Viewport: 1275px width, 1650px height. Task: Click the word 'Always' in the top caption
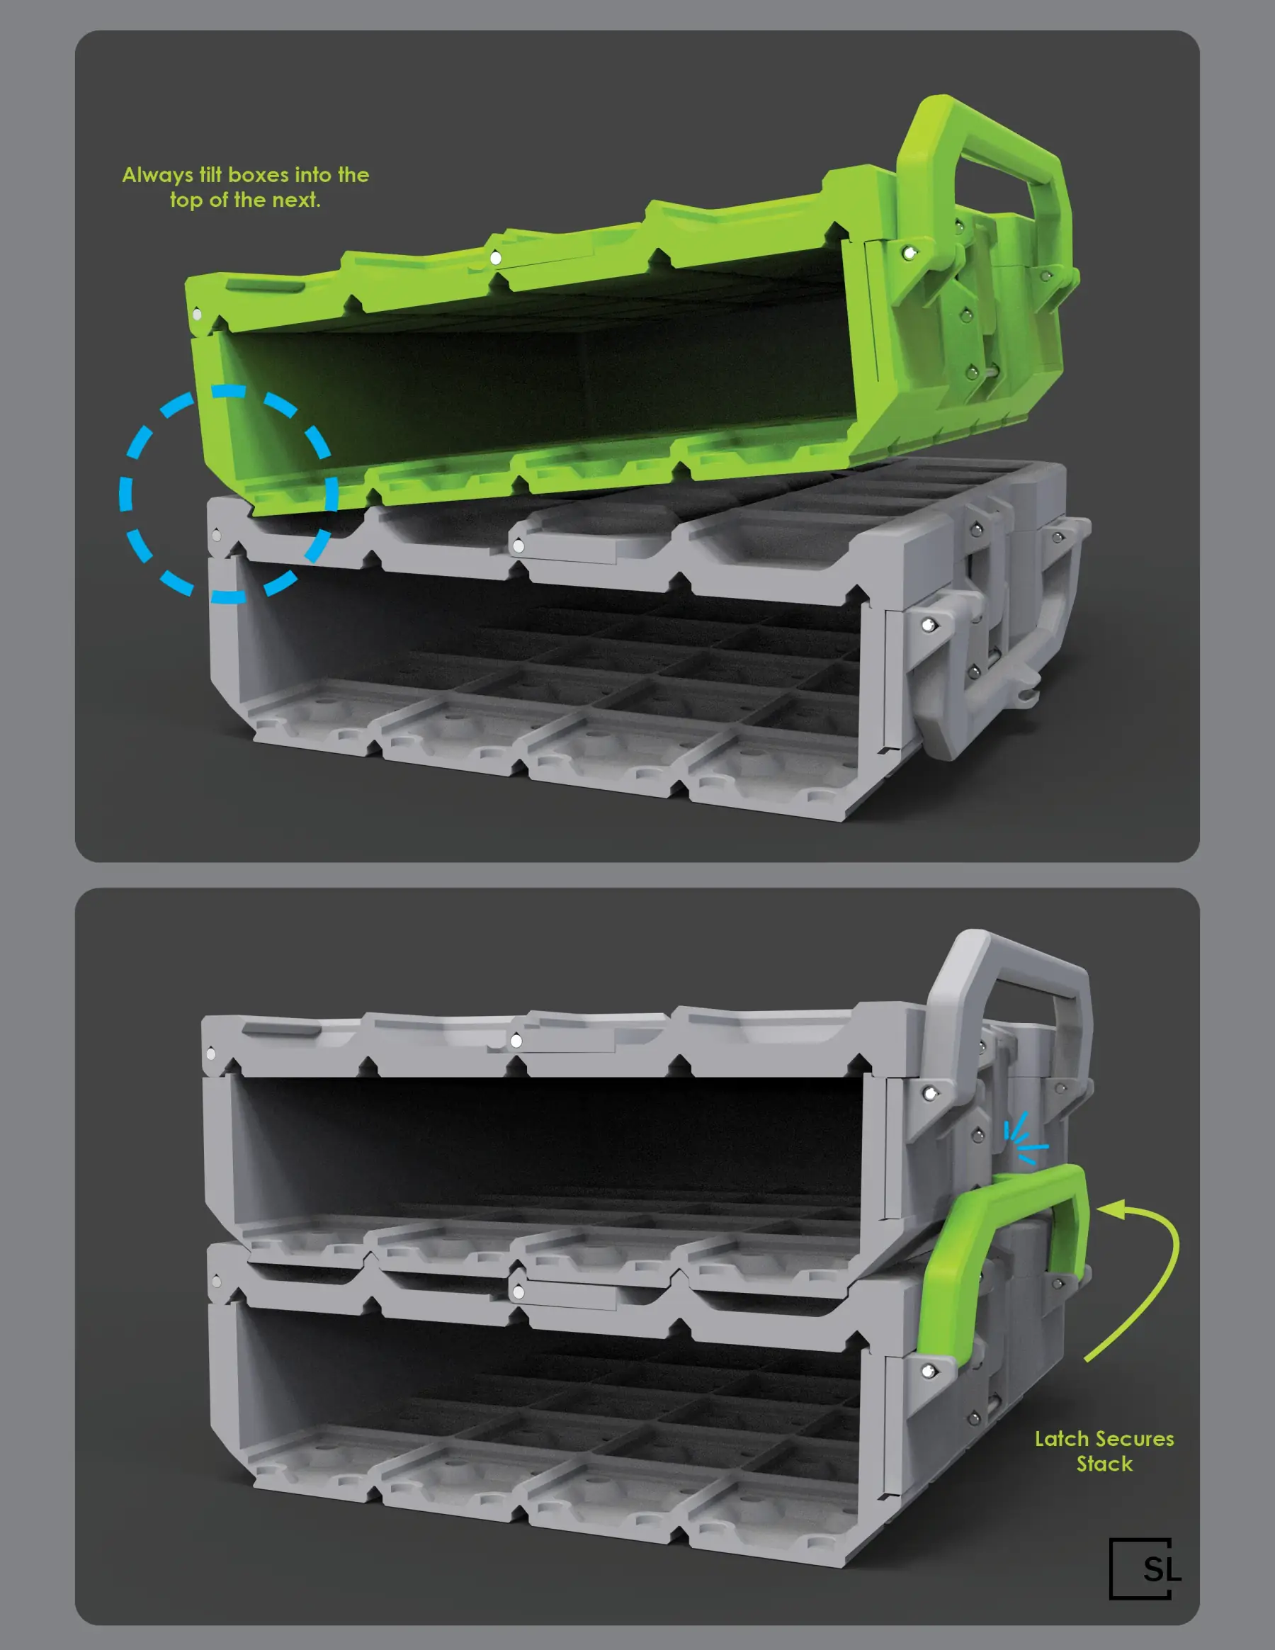tap(157, 175)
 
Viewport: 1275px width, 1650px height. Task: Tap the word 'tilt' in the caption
tap(211, 175)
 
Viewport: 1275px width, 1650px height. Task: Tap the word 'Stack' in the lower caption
tap(1104, 1464)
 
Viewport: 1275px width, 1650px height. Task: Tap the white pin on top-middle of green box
tap(496, 259)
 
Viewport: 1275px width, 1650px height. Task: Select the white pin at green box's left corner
tap(197, 314)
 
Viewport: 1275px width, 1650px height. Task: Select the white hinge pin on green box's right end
tap(910, 253)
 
